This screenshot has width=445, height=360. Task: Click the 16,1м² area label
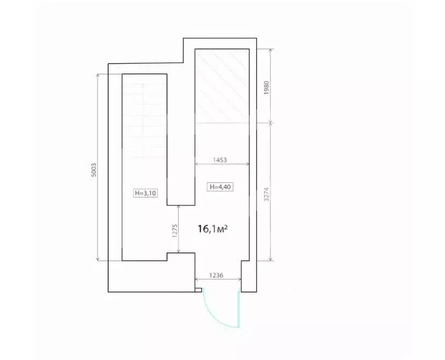point(213,228)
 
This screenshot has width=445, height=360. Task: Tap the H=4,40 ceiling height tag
point(220,187)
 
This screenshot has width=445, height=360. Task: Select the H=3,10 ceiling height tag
point(145,193)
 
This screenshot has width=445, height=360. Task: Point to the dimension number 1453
point(220,160)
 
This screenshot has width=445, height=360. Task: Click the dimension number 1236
point(216,275)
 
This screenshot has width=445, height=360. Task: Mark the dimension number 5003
point(94,170)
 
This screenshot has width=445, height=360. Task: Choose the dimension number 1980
point(266,88)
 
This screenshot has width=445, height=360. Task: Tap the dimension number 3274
point(266,195)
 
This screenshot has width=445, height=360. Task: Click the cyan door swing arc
point(216,317)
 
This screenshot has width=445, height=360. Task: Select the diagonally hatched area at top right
point(222,86)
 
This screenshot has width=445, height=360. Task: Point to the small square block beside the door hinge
point(198,290)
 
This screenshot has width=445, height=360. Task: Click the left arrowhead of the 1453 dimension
point(197,164)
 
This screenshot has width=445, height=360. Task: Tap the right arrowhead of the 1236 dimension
point(239,279)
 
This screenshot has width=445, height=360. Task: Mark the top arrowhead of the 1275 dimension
point(179,207)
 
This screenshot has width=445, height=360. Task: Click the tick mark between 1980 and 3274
point(271,123)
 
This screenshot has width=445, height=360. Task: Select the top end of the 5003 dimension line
point(98,74)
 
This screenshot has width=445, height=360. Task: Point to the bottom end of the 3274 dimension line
point(271,260)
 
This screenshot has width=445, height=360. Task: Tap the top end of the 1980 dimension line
point(271,49)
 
